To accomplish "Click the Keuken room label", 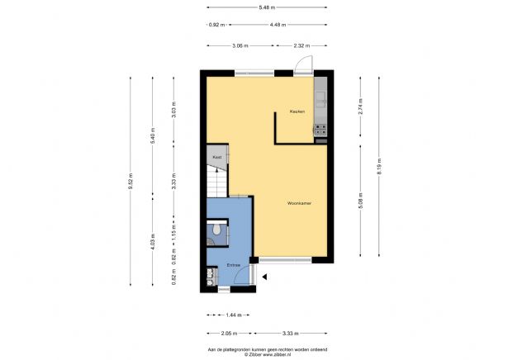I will (x=297, y=111).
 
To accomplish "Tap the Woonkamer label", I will (x=299, y=202).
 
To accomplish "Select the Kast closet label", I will (x=217, y=156).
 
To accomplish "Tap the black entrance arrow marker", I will (x=264, y=277).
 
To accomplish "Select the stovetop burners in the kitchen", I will (x=321, y=129).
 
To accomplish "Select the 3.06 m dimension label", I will (x=240, y=46).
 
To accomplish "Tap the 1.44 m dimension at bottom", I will (x=216, y=316).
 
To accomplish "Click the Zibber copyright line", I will (x=253, y=354).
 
